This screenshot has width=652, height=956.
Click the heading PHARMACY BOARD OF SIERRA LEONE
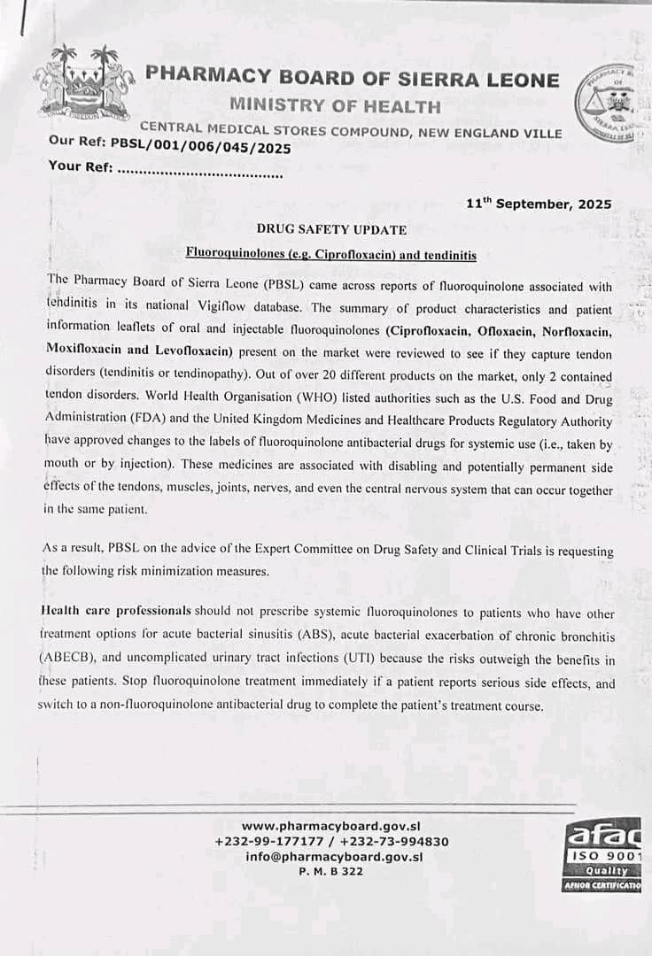[x=353, y=79]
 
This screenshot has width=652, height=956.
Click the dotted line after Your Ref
[x=200, y=173]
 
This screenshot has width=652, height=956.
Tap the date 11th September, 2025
[x=539, y=204]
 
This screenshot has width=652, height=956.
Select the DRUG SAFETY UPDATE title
[x=331, y=230]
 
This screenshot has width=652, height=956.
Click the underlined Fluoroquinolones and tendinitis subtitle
[x=331, y=255]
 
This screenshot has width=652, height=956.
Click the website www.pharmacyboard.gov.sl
[x=331, y=826]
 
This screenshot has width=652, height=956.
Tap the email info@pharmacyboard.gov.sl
[x=334, y=856]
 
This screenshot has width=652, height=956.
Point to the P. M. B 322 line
[x=331, y=871]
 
